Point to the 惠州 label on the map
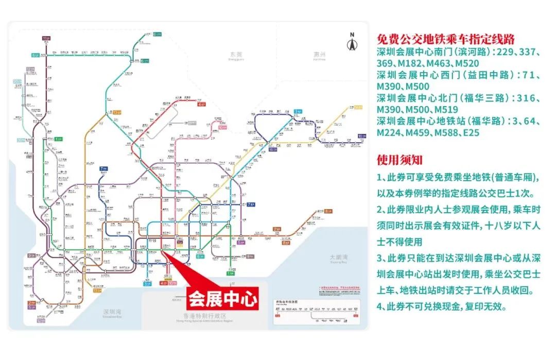click(320, 55)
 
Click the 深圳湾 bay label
click(112, 312)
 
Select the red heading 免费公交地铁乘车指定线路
click(446, 40)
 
